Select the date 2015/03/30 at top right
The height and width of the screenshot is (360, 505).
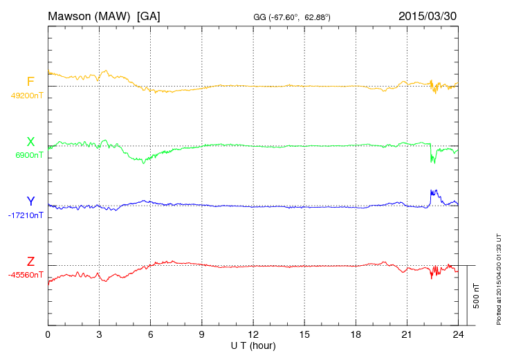click(428, 15)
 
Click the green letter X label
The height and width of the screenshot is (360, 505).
click(30, 142)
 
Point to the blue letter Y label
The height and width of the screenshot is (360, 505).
click(30, 201)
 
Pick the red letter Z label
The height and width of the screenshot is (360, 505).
click(30, 261)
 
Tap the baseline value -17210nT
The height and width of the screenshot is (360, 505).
click(26, 215)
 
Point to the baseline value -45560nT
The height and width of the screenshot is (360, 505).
click(26, 275)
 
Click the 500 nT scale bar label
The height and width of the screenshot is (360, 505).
click(477, 296)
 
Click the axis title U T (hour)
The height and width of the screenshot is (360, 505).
click(253, 345)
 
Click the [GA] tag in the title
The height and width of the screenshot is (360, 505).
click(149, 15)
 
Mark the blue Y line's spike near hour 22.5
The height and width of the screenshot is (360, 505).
click(433, 192)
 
